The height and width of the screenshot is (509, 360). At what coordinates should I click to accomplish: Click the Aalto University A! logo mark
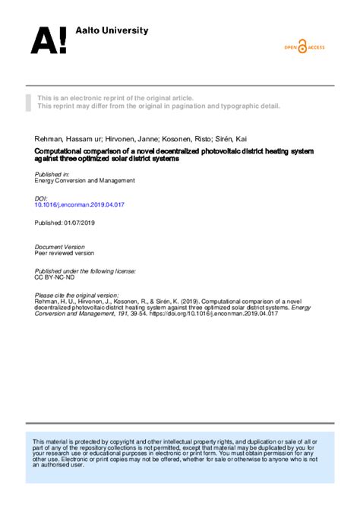pos(48,40)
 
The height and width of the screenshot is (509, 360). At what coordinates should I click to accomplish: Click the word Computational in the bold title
pos(64,152)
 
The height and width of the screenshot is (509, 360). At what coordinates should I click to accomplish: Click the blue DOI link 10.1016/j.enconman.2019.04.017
pos(80,204)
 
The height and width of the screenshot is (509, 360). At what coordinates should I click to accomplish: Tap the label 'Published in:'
pos(52,174)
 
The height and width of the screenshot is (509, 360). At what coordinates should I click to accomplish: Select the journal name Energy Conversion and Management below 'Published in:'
pos(85,181)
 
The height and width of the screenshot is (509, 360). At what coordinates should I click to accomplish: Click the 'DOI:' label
pos(42,198)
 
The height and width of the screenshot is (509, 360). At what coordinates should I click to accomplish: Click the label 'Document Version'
pos(60,247)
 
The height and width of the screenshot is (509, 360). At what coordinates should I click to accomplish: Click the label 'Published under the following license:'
pos(85,270)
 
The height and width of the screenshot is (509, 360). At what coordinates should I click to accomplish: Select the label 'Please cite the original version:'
pos(77,294)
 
